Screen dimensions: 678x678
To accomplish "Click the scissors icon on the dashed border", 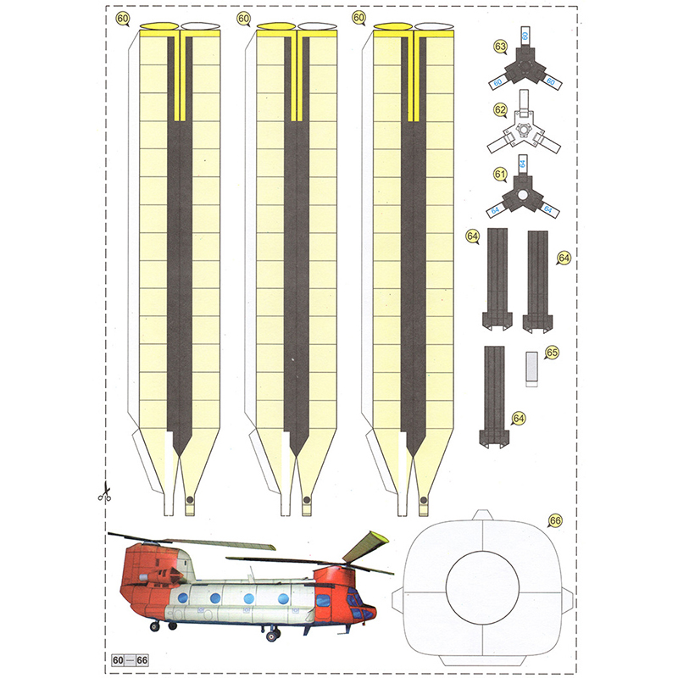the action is click(104, 492).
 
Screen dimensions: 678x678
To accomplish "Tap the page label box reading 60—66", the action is click(130, 660).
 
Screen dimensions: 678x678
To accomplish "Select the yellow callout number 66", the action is click(555, 520).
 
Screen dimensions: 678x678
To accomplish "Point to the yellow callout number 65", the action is click(553, 353).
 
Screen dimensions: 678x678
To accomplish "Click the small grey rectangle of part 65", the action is click(532, 370).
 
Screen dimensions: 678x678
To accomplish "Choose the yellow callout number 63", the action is click(500, 47).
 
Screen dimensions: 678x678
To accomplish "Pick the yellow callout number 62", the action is click(500, 110).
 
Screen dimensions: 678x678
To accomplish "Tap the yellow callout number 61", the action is click(500, 175).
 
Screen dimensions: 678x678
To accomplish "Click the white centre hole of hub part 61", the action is click(523, 195).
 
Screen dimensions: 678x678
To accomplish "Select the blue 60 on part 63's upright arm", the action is click(525, 36).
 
